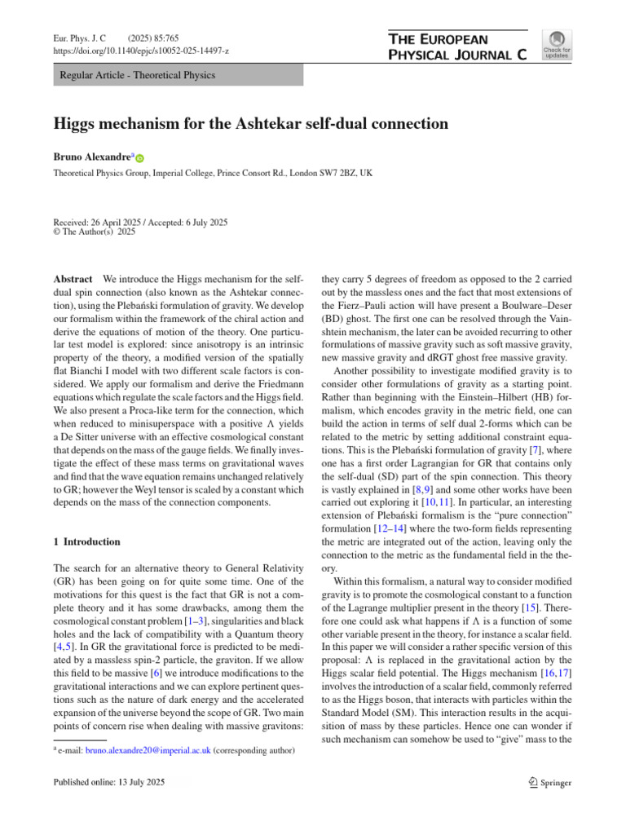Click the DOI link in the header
click(x=141, y=51)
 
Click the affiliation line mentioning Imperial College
click(x=213, y=174)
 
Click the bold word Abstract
click(x=73, y=278)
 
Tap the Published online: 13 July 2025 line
click(x=108, y=783)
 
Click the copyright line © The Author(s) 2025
click(x=95, y=232)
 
